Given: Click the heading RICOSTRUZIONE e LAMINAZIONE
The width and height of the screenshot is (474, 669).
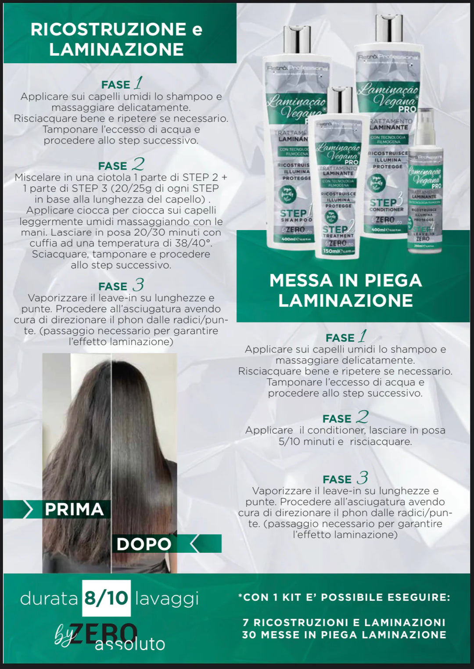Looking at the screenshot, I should (116, 39).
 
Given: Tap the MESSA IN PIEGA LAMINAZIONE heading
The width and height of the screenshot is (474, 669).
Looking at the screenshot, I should (345, 290).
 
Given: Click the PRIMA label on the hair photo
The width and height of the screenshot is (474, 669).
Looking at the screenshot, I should (74, 509).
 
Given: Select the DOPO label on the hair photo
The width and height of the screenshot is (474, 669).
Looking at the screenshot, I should (144, 544).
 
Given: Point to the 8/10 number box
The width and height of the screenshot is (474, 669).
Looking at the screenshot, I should (106, 598).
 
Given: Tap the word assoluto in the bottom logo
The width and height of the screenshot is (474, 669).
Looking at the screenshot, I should (130, 644).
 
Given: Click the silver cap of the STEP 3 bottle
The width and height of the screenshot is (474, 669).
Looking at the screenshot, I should (389, 29).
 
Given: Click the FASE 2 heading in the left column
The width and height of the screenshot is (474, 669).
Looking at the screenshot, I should (121, 165).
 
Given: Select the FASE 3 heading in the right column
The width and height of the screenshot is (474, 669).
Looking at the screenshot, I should (345, 478).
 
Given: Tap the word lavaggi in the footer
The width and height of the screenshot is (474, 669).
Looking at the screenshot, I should (167, 599).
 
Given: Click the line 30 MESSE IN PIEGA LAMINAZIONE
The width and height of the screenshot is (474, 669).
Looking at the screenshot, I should (344, 635).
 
